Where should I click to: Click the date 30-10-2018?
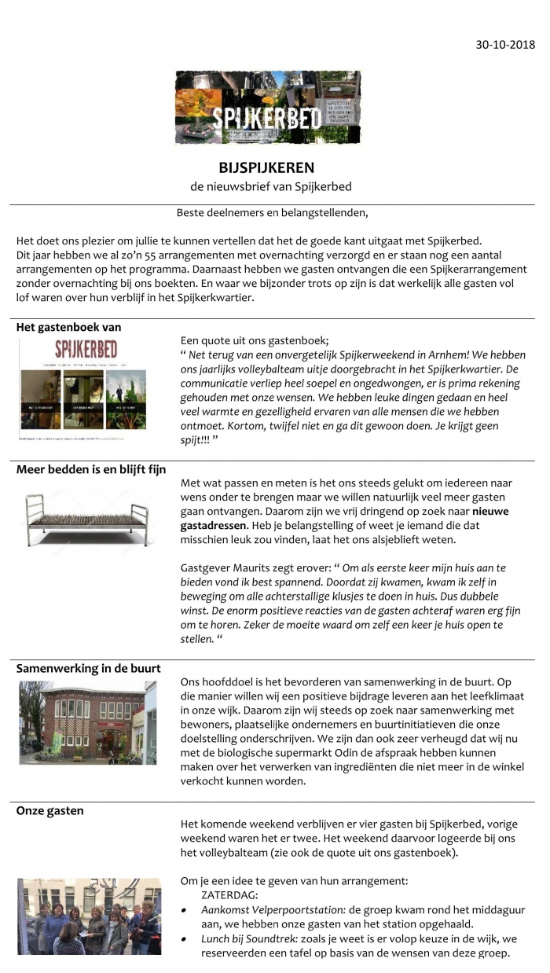505,44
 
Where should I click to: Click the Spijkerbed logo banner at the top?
268,108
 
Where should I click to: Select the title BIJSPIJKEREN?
266,167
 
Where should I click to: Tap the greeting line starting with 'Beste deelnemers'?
272,212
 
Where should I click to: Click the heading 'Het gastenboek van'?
69,327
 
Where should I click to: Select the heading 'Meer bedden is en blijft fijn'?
91,470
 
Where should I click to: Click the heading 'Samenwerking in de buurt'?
89,669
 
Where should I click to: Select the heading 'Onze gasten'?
50,811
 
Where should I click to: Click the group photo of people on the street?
89,916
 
